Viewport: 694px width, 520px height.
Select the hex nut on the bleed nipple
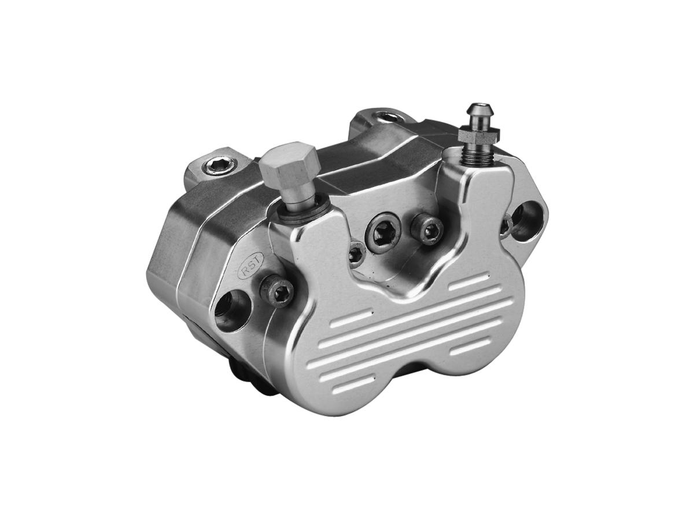(x=478, y=135)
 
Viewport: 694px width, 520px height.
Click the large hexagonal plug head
(x=289, y=164)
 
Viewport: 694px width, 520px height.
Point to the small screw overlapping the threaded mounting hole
(x=507, y=223)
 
